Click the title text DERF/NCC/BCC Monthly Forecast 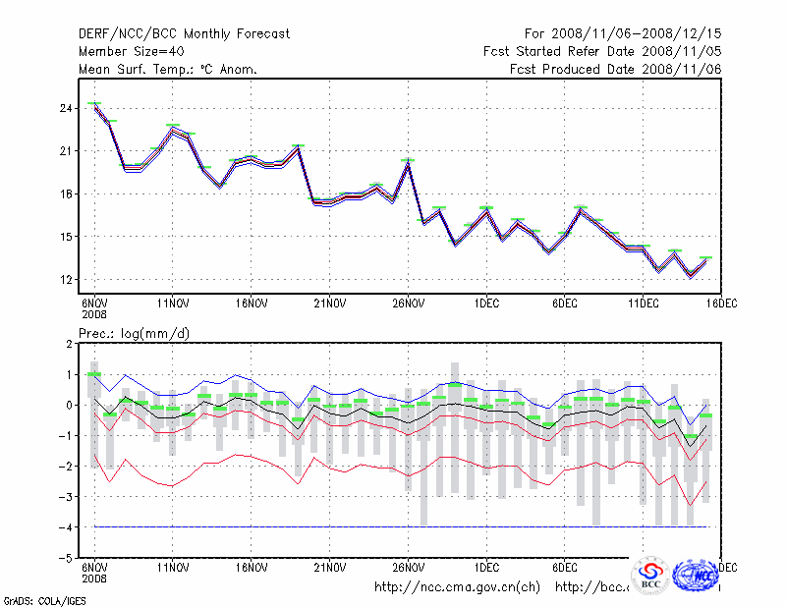(185, 34)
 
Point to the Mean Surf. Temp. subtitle (168, 69)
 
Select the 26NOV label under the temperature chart (407, 302)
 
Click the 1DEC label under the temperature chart (486, 302)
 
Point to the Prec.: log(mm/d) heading (134, 334)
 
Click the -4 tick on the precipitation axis (68, 527)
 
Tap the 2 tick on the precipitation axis (71, 344)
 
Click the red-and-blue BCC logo (650, 576)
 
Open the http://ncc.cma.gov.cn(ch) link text (458, 587)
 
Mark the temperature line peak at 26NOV (408, 162)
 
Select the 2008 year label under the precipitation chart (93, 579)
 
